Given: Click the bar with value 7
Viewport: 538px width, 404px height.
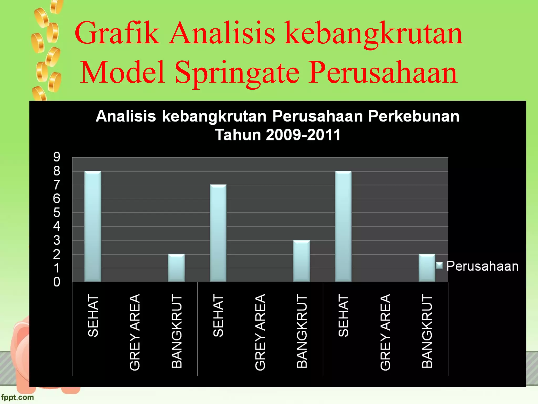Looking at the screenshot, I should pos(218,233).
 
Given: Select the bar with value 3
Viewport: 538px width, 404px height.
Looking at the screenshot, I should pos(302,261).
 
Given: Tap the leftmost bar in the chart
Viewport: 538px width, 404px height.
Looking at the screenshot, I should pos(93,226).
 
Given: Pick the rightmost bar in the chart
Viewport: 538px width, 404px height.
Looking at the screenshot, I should pos(427,268).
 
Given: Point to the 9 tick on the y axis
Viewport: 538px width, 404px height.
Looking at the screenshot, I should pos(57,157).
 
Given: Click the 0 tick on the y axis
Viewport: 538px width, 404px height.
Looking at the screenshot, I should pos(57,282).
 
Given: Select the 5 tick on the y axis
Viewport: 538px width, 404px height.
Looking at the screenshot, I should pos(57,213).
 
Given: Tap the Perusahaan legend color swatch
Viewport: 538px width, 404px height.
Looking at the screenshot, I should pos(439,266).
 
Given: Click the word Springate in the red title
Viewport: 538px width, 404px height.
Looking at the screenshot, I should pos(237,72).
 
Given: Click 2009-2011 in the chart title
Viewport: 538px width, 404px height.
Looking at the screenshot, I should pos(303,135).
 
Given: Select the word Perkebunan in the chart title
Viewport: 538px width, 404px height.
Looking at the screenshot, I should pos(414,116).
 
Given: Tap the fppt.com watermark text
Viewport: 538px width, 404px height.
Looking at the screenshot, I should pos(17,397).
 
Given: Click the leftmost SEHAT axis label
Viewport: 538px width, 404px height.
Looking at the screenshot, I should pos(93,315).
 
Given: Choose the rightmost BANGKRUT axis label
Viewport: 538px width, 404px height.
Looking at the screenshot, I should pos(427,331).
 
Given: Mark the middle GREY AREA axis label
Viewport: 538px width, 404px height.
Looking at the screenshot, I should pos(260,332).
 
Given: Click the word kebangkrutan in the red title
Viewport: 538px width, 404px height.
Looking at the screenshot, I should pos(373,33).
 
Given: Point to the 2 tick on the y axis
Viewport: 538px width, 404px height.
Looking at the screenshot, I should pos(57,254).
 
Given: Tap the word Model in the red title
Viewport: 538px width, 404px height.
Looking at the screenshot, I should pos(123,72).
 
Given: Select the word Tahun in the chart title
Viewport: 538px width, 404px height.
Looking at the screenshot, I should pos(238,135).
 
